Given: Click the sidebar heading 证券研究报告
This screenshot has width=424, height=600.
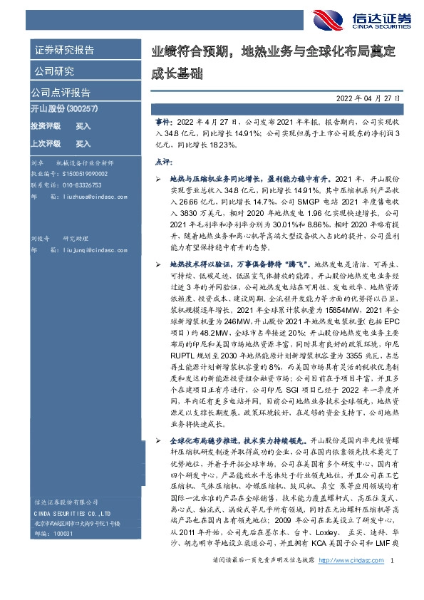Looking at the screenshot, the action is point(63,50).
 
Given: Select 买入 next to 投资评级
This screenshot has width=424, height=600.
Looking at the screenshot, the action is point(83,125).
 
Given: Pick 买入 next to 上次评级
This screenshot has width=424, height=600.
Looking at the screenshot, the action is point(83,143).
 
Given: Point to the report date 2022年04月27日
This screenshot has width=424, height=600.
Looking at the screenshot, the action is point(368,98).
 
